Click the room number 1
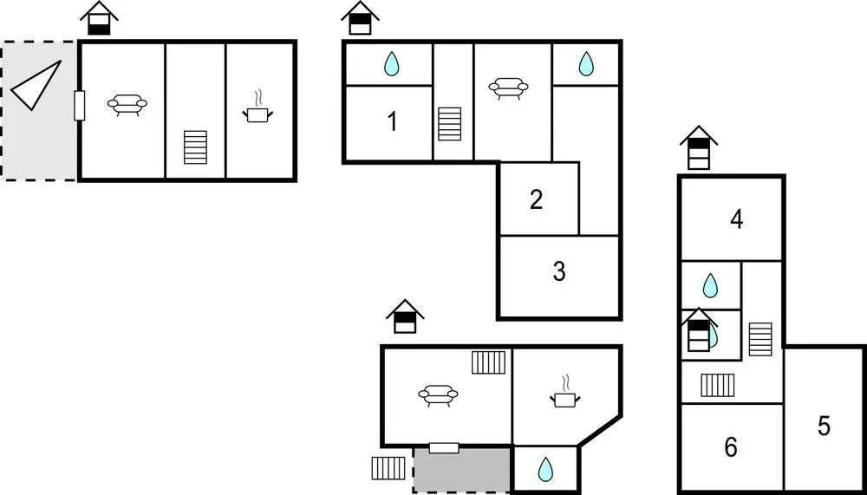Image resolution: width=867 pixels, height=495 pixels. click(x=393, y=121)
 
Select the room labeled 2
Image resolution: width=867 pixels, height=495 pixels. click(x=536, y=199)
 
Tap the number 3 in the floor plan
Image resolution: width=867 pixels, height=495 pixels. click(x=559, y=271)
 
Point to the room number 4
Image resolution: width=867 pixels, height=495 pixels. click(x=736, y=219)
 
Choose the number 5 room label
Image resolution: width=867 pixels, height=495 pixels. click(x=824, y=426)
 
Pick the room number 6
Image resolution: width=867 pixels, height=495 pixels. click(x=730, y=446)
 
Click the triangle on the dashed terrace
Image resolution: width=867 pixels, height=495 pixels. click(x=36, y=85)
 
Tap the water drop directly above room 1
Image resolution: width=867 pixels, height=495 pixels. click(x=392, y=63)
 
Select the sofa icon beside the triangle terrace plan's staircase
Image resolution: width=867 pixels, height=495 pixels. click(x=127, y=105)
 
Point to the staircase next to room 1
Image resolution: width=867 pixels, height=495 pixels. click(x=449, y=124)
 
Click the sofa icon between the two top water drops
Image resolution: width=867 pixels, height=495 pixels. click(x=508, y=88)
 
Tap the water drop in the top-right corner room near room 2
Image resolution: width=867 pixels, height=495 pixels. click(x=585, y=63)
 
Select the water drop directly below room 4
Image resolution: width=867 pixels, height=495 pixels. click(x=710, y=285)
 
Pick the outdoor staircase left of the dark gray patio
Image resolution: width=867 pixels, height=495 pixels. click(x=388, y=468)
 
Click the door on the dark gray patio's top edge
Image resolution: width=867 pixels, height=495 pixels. click(x=444, y=448)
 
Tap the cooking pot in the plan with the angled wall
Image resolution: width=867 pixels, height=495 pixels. click(x=565, y=392)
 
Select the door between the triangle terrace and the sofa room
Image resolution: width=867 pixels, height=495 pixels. click(x=80, y=106)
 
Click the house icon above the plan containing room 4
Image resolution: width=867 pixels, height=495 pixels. click(x=698, y=147)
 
